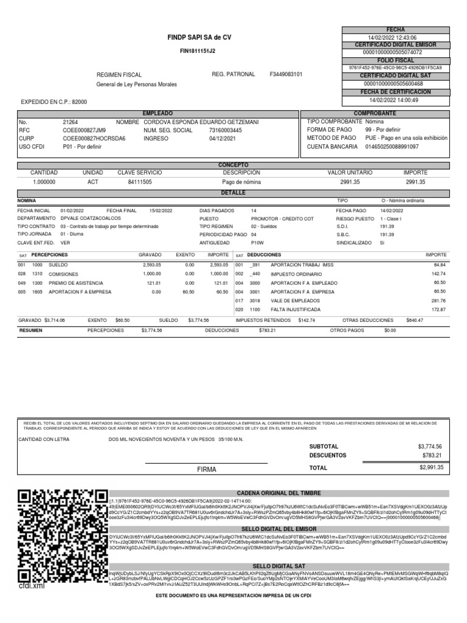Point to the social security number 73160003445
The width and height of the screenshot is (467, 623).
[x=225, y=130]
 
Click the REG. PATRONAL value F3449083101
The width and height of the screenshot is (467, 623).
[x=286, y=74]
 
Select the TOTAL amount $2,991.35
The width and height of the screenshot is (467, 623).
[x=431, y=467]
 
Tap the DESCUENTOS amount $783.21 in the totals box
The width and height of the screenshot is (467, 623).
[x=433, y=455]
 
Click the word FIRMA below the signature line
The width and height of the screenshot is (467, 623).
[x=206, y=470]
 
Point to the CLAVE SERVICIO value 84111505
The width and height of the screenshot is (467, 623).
[x=140, y=182]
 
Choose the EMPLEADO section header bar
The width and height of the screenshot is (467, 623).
[x=157, y=114]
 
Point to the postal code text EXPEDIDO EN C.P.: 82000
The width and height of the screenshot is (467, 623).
[x=54, y=102]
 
